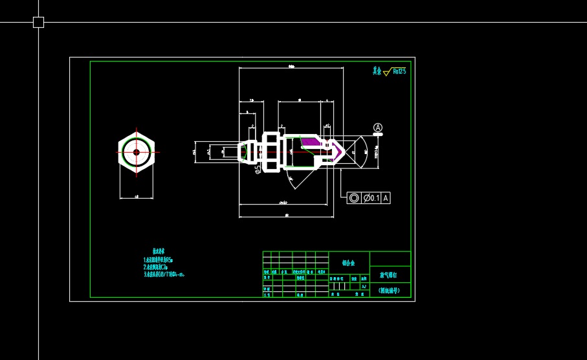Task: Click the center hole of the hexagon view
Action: pos(137,152)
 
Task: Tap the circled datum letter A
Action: pos(378,128)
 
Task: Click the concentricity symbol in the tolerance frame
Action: pos(354,198)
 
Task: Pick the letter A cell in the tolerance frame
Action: pos(386,198)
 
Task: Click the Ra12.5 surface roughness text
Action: pos(399,71)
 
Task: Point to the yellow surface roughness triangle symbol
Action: pos(386,73)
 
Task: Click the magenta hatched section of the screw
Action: pos(309,142)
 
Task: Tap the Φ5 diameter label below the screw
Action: pos(257,169)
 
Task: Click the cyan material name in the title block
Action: pos(348,263)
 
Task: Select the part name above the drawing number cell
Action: pos(390,275)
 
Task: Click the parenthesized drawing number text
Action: pos(389,290)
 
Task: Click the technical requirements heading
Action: pos(159,251)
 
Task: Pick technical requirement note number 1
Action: pos(158,259)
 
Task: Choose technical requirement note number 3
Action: pos(164,274)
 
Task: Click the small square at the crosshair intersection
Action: pos(38,22)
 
